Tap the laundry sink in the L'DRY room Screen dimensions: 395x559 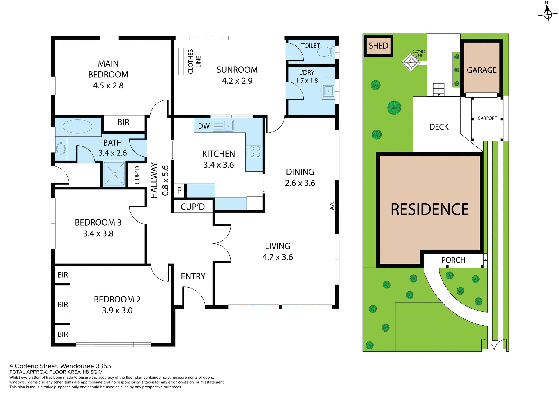click(328, 91)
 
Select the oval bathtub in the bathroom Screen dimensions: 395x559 click(77, 127)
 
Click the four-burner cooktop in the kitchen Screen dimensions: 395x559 click(254, 152)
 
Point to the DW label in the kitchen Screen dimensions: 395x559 click(204, 126)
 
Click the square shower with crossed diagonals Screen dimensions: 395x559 click(114, 174)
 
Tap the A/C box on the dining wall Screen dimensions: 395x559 click(332, 205)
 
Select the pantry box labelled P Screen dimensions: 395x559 click(179, 191)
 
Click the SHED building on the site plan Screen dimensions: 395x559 click(378, 46)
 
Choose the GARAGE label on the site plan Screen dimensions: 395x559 click(482, 70)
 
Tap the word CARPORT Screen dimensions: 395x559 click(487, 118)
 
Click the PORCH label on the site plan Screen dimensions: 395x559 click(453, 260)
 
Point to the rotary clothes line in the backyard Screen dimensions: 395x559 click(411, 62)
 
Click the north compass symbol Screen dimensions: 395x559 click(548, 14)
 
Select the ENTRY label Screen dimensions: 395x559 click(193, 276)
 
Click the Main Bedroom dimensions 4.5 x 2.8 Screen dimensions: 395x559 click(108, 86)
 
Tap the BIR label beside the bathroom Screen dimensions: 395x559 click(123, 122)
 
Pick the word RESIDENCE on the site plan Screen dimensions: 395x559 click(429, 210)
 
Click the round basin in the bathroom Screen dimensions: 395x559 click(61, 149)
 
